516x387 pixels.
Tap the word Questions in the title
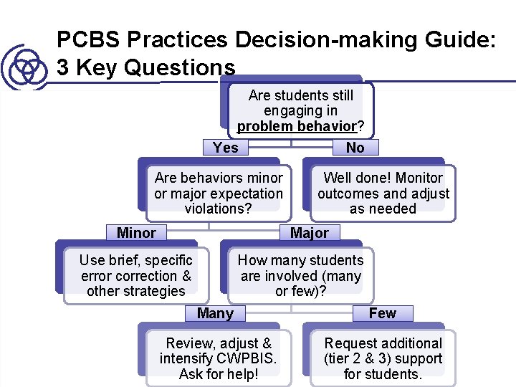tap(179, 67)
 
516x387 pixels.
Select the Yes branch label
tap(225, 148)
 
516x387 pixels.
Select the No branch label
tap(355, 148)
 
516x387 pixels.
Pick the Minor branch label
tap(136, 233)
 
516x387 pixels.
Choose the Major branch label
tap(309, 233)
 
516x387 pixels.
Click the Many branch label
tap(215, 313)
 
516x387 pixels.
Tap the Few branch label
tap(382, 313)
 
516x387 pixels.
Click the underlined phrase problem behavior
tap(296, 127)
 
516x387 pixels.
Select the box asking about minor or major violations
tap(219, 193)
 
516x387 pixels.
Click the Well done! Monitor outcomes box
tap(383, 193)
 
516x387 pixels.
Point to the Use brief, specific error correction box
tap(135, 275)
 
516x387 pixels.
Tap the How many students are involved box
tap(300, 275)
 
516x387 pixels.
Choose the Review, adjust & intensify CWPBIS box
tap(219, 358)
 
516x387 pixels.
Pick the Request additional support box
tap(383, 358)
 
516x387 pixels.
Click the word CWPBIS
tap(248, 358)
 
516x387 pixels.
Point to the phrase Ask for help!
tap(219, 374)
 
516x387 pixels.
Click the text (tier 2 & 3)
tap(359, 358)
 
